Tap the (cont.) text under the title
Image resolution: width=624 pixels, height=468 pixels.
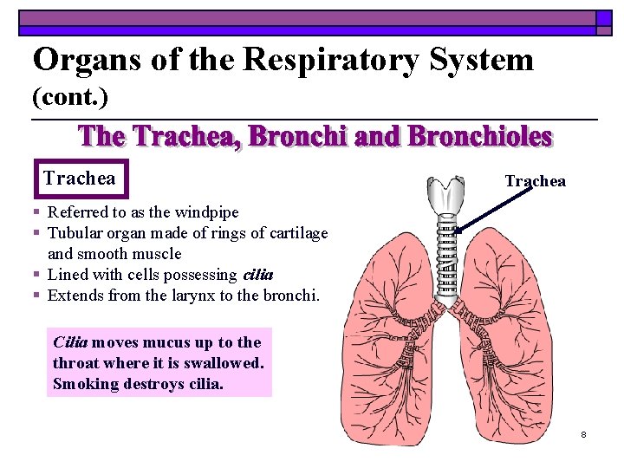pos(70,98)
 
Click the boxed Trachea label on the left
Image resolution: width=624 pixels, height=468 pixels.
pos(80,179)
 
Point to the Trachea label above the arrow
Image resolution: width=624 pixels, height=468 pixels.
pos(535,181)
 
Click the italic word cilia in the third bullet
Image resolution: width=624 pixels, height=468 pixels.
pos(258,275)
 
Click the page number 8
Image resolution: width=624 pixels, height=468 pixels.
pos(583,433)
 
